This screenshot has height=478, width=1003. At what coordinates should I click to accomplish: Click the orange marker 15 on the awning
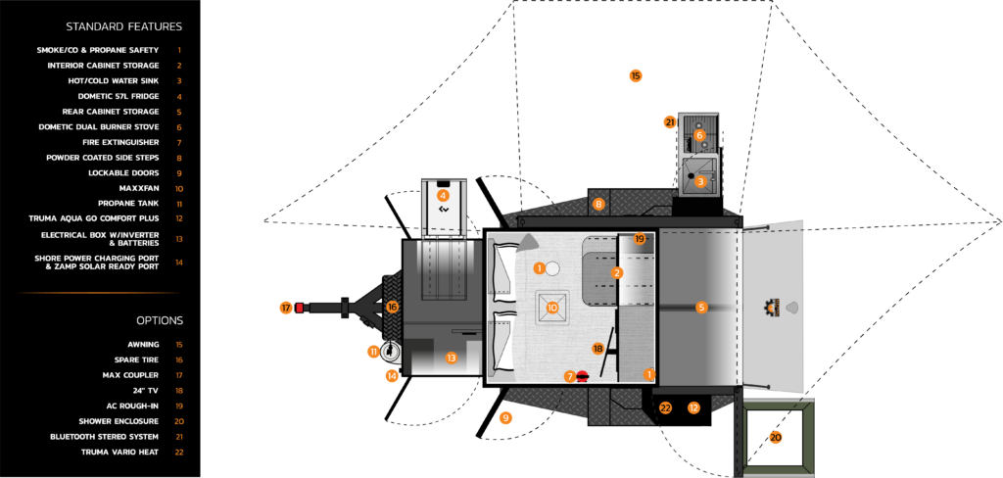pyautogui.click(x=635, y=75)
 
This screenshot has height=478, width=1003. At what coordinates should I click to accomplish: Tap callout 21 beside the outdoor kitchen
pyautogui.click(x=670, y=122)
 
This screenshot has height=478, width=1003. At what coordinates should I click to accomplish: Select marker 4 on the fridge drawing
pyautogui.click(x=443, y=196)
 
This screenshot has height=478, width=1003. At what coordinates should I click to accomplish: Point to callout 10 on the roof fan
pyautogui.click(x=552, y=308)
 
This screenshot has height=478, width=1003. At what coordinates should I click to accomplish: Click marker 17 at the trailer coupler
pyautogui.click(x=286, y=308)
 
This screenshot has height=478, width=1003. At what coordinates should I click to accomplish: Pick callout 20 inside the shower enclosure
pyautogui.click(x=776, y=437)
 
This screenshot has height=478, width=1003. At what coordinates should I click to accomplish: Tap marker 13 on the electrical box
pyautogui.click(x=452, y=358)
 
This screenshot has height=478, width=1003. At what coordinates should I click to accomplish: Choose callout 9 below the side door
pyautogui.click(x=505, y=417)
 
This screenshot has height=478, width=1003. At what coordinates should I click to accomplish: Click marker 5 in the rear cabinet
pyautogui.click(x=701, y=308)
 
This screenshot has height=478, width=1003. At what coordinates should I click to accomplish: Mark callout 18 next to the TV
pyautogui.click(x=598, y=349)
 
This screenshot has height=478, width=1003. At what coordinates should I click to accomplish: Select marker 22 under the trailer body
pyautogui.click(x=665, y=407)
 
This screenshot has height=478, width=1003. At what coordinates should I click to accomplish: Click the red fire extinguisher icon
pyautogui.click(x=583, y=376)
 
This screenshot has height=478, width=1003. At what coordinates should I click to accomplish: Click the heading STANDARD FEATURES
pyautogui.click(x=123, y=26)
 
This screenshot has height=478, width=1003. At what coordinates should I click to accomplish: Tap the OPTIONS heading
pyautogui.click(x=160, y=320)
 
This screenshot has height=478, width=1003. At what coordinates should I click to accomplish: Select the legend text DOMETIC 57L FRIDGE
pyautogui.click(x=124, y=96)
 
